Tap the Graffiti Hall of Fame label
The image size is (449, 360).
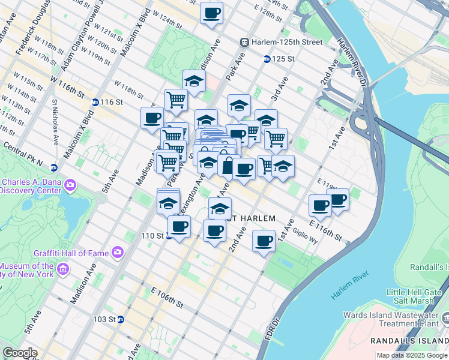tap(76, 253)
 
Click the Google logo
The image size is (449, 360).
tap(19, 353)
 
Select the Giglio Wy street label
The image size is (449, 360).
tap(306, 235)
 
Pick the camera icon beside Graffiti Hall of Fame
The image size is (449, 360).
tap(116, 253)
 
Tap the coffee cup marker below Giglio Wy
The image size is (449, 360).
tap(264, 241)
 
